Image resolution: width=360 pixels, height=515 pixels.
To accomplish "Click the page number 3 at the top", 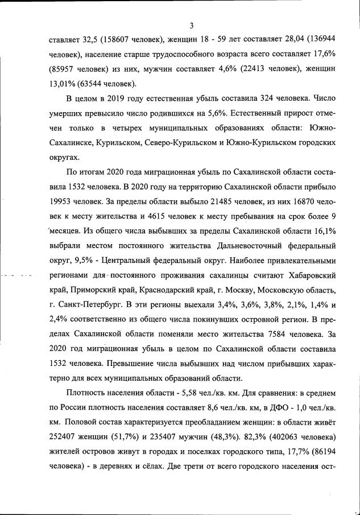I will pyautogui.click(x=192, y=25).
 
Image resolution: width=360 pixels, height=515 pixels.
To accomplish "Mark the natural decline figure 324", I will pyautogui.click(x=245, y=99).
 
